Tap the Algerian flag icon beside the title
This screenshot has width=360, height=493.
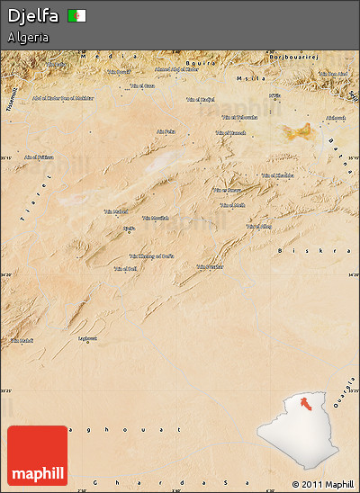[77, 16]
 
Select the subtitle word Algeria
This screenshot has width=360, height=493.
[28, 38]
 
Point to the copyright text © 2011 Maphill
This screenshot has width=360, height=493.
[323, 484]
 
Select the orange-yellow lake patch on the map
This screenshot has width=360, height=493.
[300, 132]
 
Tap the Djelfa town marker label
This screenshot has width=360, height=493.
[129, 229]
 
